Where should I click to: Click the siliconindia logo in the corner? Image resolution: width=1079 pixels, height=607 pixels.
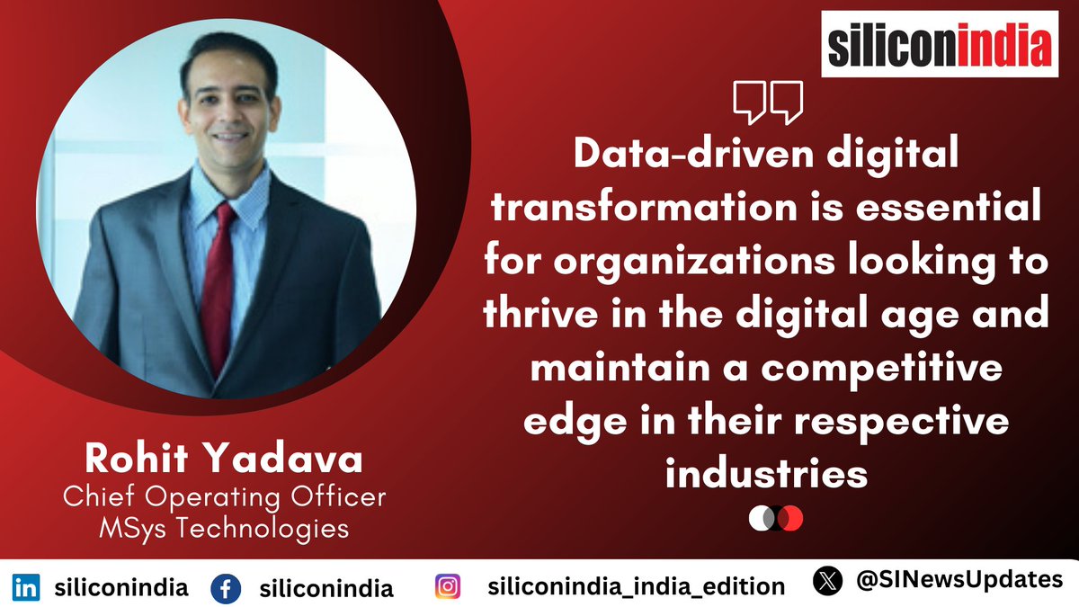[x=938, y=43]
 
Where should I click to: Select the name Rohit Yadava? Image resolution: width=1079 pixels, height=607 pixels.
[x=225, y=460]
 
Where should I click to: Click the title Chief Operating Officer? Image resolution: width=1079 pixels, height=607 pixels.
[x=225, y=497]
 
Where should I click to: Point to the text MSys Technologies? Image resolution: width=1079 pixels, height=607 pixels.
[x=225, y=528]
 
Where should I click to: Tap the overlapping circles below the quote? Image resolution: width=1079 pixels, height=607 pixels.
[x=775, y=519]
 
